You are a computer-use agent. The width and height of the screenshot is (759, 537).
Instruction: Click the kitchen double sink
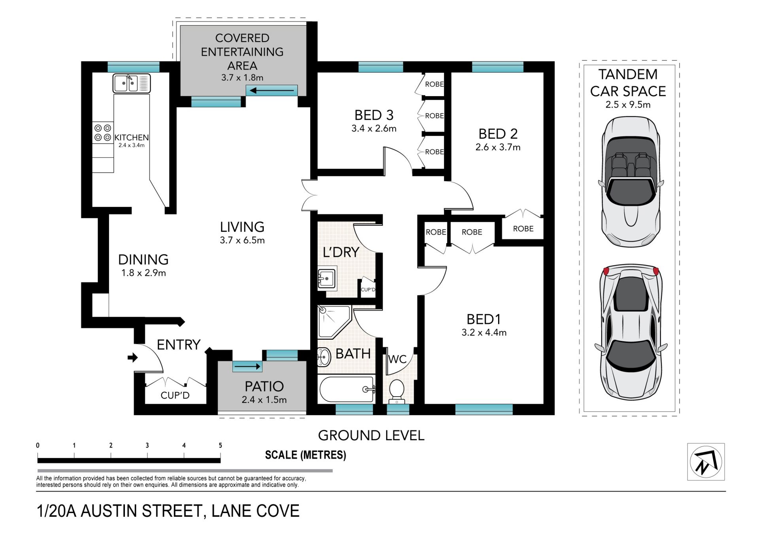tap(132, 83)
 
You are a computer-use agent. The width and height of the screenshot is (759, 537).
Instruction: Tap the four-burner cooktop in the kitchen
tap(103, 133)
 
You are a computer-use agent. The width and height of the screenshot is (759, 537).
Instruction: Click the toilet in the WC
tap(396, 391)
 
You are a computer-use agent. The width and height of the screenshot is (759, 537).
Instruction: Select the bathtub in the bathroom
tap(347, 389)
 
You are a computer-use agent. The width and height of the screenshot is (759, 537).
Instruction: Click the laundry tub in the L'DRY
tap(327, 279)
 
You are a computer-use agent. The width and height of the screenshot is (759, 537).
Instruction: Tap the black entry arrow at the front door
tap(132, 358)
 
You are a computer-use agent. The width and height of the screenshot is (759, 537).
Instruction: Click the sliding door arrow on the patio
tap(247, 367)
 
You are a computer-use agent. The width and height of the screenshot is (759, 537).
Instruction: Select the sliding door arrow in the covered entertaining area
tap(272, 91)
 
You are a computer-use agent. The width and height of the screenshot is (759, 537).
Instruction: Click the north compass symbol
tap(706, 461)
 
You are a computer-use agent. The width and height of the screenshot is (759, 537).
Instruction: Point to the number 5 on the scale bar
tap(220, 445)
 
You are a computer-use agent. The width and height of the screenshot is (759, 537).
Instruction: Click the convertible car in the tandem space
tap(631, 182)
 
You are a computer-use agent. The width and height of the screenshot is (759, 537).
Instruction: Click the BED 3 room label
tap(374, 115)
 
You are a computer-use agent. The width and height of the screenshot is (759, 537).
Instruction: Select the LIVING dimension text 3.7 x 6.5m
tap(242, 240)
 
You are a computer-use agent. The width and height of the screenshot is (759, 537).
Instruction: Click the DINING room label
tap(143, 259)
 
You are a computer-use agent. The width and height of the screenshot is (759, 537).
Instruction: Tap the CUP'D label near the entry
tap(175, 395)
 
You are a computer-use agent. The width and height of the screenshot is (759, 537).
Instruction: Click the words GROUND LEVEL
tap(371, 435)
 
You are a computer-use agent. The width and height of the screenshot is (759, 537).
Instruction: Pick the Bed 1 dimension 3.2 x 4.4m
tap(484, 333)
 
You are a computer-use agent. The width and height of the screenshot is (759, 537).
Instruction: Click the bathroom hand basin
tap(324, 357)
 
